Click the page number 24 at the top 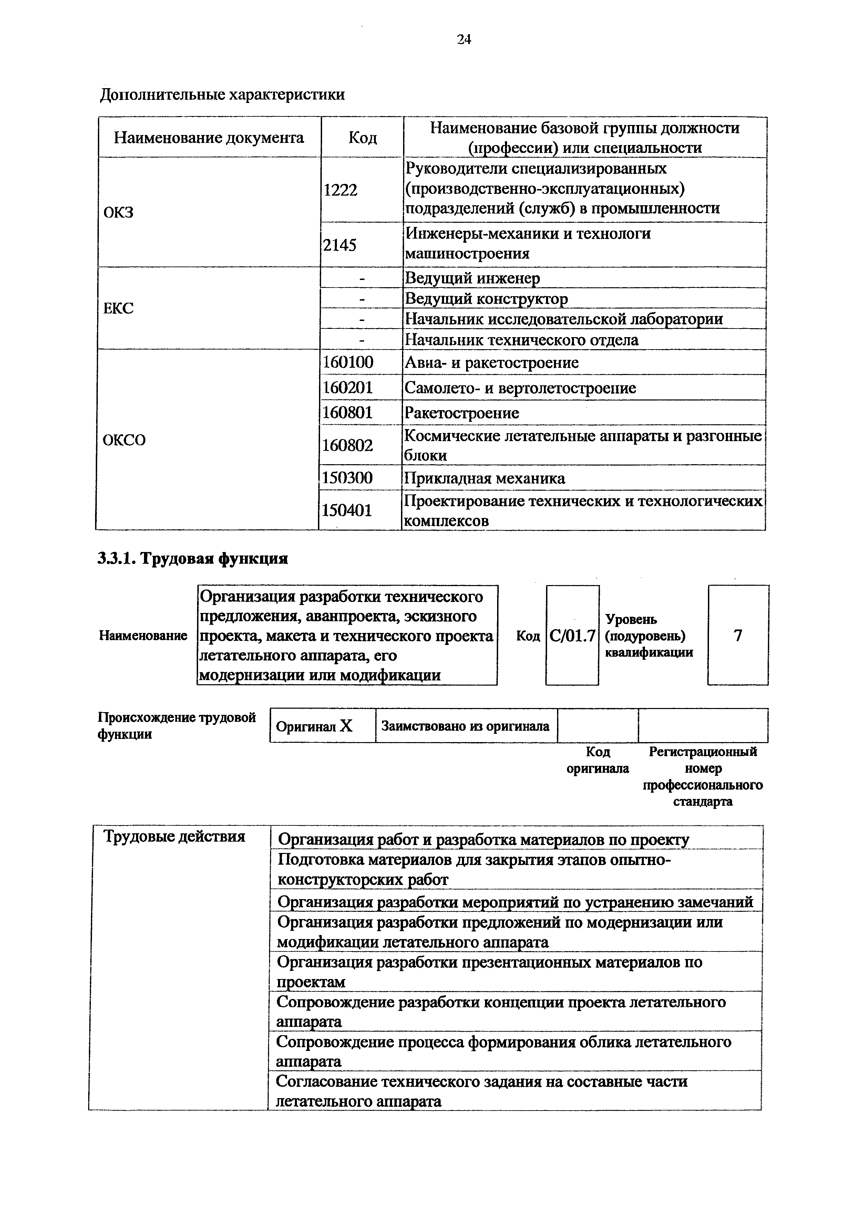[x=464, y=40]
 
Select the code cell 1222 [x=340, y=190]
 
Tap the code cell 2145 [x=339, y=244]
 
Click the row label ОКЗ [x=119, y=212]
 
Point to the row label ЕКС [x=119, y=308]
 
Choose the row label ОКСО [x=124, y=440]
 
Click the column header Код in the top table [x=362, y=138]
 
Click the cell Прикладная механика [x=484, y=478]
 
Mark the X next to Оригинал [x=346, y=726]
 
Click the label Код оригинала [x=597, y=760]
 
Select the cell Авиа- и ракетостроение [x=492, y=363]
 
